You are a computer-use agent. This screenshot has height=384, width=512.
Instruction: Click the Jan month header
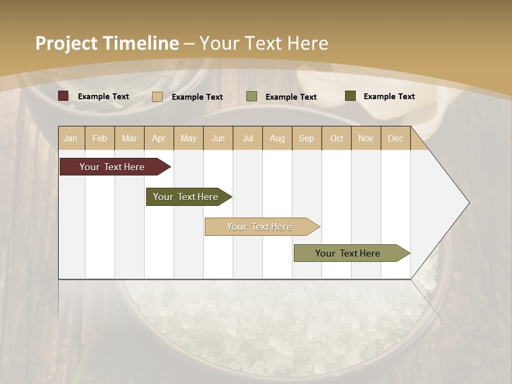[x=70, y=138]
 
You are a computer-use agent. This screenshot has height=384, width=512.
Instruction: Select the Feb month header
[x=100, y=138]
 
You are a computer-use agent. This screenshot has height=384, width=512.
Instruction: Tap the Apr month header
[x=158, y=138]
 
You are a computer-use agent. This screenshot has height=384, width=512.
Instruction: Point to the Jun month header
[x=218, y=138]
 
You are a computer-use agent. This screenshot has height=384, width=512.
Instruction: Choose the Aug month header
[x=277, y=138]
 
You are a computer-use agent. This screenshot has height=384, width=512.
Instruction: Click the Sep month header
[x=306, y=138]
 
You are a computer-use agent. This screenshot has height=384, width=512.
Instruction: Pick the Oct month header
[x=337, y=138]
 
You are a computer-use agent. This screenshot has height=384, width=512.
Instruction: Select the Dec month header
[x=395, y=138]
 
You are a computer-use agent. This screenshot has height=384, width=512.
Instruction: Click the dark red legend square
[x=63, y=96]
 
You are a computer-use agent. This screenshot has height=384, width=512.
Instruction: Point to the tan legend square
[x=157, y=97]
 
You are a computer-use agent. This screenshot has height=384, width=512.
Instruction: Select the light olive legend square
[x=252, y=97]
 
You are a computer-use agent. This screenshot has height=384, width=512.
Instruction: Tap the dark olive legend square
[x=350, y=96]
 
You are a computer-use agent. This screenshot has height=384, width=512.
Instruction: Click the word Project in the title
[x=66, y=43]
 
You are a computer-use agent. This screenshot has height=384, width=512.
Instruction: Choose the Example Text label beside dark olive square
[x=389, y=96]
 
